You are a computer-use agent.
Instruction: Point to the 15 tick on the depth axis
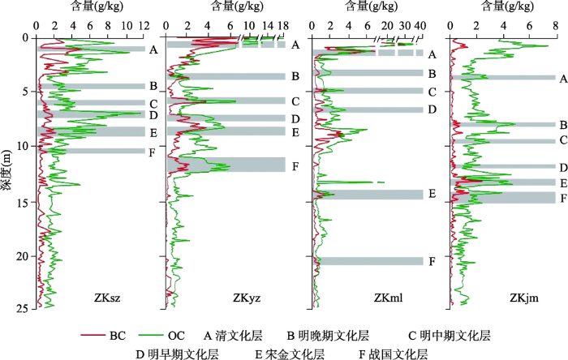click(x=25, y=200)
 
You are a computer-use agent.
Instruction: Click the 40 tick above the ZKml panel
click(x=420, y=26)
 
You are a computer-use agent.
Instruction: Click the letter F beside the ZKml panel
click(x=432, y=261)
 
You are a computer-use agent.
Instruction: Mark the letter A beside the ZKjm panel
click(x=562, y=79)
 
